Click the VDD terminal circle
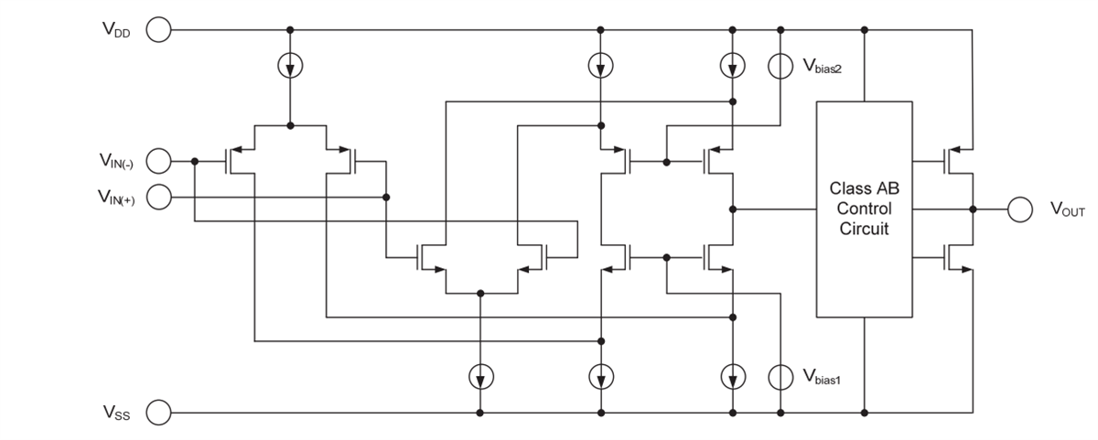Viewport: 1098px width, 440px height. click(x=158, y=30)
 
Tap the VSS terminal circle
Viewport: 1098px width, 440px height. click(x=158, y=413)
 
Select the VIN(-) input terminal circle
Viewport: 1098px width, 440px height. click(x=158, y=162)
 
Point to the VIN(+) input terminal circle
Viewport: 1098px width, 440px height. click(x=158, y=197)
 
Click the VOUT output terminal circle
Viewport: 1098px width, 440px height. click(x=1020, y=209)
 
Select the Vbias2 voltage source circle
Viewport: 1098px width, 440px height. click(x=780, y=66)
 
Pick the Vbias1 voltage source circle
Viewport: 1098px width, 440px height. click(x=780, y=375)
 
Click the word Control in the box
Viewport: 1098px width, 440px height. click(x=864, y=209)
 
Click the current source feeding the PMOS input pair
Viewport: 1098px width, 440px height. click(x=290, y=66)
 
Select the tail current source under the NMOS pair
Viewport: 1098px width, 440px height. click(x=480, y=375)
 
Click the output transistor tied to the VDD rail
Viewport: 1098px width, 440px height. click(x=959, y=162)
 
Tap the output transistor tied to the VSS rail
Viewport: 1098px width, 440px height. click(x=959, y=258)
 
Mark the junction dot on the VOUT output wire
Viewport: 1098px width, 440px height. click(x=973, y=209)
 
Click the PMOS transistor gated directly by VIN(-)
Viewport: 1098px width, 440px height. click(x=240, y=162)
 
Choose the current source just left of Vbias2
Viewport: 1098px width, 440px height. click(x=732, y=66)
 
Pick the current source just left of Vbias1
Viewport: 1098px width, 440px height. click(x=732, y=375)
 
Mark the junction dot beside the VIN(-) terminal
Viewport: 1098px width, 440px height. click(x=195, y=162)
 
